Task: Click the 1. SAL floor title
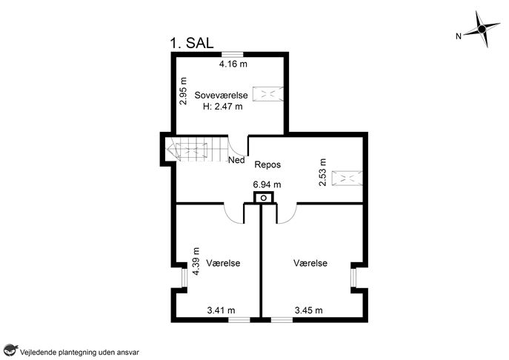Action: (x=192, y=43)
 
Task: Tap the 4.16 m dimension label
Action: (x=233, y=64)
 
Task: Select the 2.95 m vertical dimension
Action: (x=184, y=91)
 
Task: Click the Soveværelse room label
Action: (x=221, y=95)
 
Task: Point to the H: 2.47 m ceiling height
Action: (x=223, y=106)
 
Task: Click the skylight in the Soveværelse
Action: (x=268, y=94)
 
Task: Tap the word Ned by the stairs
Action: (x=236, y=160)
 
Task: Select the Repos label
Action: (x=267, y=164)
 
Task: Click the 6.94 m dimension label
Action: (x=267, y=184)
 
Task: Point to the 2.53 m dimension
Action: (x=322, y=172)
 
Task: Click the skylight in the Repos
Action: (x=347, y=179)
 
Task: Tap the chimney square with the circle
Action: (x=264, y=197)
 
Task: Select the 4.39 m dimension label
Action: (x=196, y=261)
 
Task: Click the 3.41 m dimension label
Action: (x=221, y=310)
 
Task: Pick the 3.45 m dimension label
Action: (x=309, y=310)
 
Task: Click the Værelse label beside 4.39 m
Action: (x=223, y=263)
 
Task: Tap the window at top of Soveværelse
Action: (x=233, y=54)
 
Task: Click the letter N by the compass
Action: (x=459, y=36)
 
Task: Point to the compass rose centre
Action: (x=482, y=29)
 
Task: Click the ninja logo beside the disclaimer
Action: (x=10, y=350)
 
